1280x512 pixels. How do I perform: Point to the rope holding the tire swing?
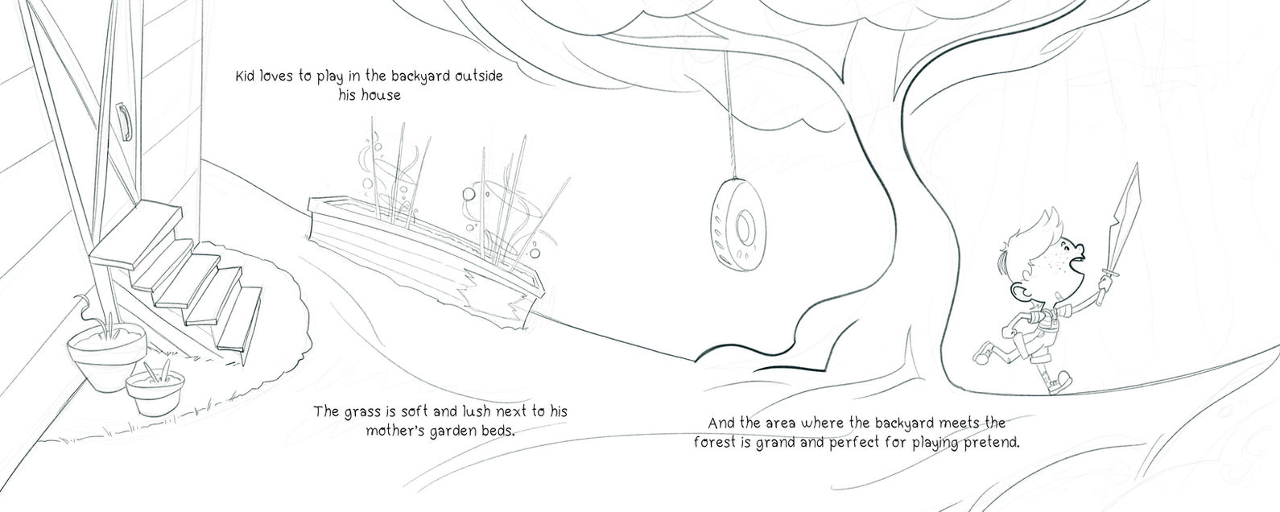pyautogui.click(x=729, y=114)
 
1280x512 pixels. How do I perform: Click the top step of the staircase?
pyautogui.click(x=136, y=233)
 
